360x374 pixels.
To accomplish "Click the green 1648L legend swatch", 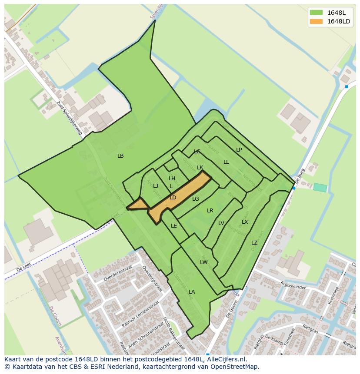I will [317, 13].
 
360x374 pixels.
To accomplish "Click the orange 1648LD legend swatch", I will [317, 21].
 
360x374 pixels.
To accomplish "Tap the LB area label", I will [120, 156].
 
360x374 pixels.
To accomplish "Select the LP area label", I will [239, 150].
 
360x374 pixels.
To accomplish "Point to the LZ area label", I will [254, 243].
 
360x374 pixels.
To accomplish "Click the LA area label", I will [192, 292].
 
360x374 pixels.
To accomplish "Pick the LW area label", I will [204, 262].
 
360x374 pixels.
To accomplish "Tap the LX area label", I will [245, 222].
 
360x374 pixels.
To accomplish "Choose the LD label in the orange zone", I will [173, 198].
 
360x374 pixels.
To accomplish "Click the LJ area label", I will [156, 186].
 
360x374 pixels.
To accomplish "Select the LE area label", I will [174, 226].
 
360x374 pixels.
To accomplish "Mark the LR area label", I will [210, 211].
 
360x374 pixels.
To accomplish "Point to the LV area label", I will [221, 223].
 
